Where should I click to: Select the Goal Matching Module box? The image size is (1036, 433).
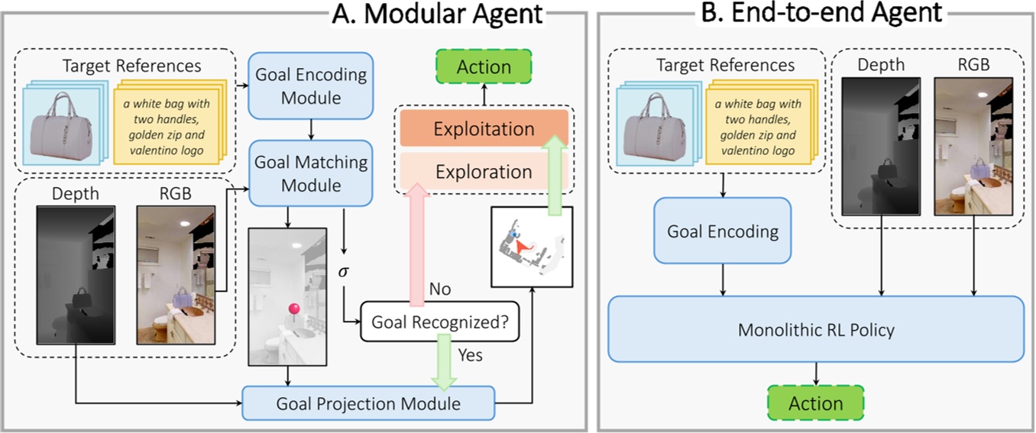(311, 174)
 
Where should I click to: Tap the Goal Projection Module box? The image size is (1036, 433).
(369, 403)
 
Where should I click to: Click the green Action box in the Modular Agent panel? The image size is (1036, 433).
(484, 67)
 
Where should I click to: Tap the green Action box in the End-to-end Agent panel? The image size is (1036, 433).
(816, 403)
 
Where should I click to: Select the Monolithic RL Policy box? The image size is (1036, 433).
(816, 330)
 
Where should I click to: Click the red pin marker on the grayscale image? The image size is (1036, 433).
(293, 309)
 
